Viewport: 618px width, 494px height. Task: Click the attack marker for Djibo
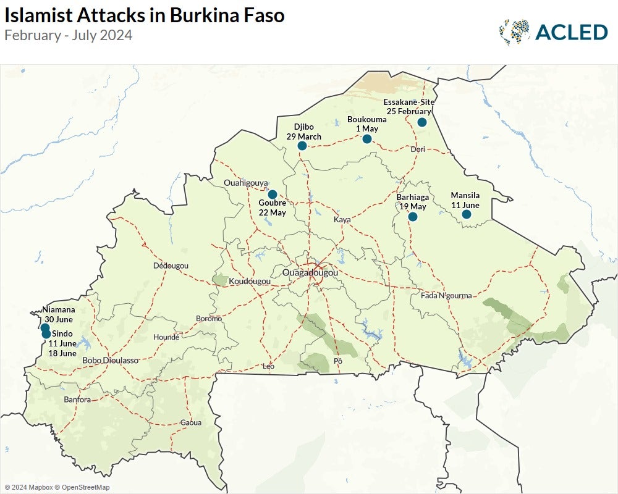(302, 146)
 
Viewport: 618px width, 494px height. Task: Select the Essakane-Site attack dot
(422, 122)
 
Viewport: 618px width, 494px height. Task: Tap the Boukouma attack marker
(367, 139)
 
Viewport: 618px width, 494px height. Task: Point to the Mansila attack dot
(467, 214)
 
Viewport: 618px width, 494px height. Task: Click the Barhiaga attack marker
(413, 217)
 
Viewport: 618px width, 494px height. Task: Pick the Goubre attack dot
(272, 195)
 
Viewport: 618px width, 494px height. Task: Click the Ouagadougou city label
(310, 272)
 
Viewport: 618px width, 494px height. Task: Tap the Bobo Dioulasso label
(110, 360)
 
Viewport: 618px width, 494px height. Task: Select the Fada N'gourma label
(446, 296)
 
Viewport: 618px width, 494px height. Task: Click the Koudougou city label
(250, 281)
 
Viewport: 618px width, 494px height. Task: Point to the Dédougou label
(171, 266)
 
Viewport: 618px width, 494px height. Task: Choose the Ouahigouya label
(246, 183)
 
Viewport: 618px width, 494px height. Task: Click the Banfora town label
(77, 400)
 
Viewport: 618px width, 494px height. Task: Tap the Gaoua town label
(191, 422)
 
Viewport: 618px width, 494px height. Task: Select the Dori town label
(418, 149)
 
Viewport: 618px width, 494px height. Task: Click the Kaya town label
(342, 220)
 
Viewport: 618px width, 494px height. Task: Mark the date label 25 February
(409, 111)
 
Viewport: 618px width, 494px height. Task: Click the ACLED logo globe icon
(514, 32)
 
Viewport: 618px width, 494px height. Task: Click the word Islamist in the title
(41, 15)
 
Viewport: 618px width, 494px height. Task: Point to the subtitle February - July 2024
(68, 35)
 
